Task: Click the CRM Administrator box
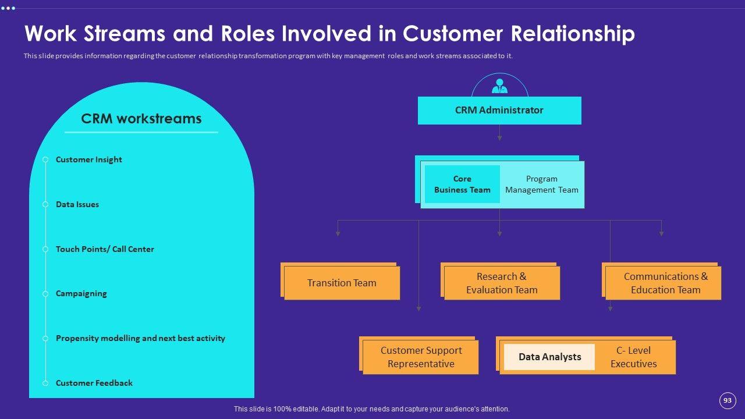499,111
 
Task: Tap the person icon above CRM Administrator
499,87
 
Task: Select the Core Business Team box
462,184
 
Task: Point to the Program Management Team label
541,184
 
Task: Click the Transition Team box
342,283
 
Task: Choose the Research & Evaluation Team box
502,283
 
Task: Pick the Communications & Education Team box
665,283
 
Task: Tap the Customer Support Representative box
421,357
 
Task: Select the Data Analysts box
549,357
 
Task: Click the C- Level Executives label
633,357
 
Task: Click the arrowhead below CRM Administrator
499,138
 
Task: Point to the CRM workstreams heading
141,119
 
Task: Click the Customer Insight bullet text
89,159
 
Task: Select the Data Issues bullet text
77,204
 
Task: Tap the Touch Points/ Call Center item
105,249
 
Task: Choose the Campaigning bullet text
81,293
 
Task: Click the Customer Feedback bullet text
94,383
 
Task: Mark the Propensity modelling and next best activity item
140,338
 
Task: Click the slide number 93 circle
727,400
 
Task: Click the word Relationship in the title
572,34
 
